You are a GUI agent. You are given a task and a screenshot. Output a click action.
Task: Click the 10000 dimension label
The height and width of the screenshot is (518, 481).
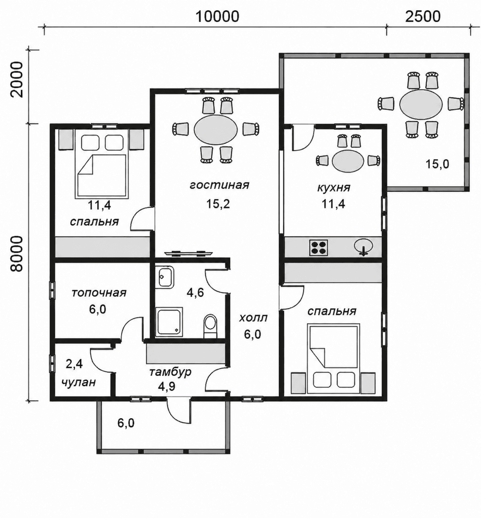coord(217,17)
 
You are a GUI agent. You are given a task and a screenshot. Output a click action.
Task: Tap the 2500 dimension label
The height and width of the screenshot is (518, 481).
coord(423,17)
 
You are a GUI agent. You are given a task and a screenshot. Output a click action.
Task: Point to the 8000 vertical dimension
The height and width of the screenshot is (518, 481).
coord(18,254)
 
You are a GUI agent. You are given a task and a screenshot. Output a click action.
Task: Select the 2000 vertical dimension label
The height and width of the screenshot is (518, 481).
coord(18,79)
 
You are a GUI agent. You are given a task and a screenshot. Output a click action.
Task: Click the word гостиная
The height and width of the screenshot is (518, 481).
coord(219,185)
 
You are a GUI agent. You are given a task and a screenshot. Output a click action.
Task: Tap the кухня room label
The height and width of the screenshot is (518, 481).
coord(333,187)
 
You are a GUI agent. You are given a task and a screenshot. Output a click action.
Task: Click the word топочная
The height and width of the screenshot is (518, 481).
coord(99,293)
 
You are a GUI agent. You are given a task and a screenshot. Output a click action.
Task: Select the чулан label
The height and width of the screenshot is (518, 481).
coord(78,382)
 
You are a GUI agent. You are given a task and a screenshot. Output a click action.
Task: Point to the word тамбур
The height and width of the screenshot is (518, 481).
coord(170,372)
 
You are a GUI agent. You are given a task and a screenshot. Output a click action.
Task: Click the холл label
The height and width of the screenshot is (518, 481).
coord(253,318)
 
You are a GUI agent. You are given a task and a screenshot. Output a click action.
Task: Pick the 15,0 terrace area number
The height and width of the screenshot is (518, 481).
coord(437,164)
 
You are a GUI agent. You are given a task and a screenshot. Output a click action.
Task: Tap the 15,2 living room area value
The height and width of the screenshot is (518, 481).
coord(218,203)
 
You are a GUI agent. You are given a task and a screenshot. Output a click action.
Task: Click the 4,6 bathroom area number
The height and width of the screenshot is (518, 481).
coord(195,293)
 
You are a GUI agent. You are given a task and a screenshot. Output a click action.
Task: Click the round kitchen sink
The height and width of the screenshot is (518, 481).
coord(363,246)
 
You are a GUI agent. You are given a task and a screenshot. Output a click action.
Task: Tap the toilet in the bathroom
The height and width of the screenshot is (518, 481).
coord(210,326)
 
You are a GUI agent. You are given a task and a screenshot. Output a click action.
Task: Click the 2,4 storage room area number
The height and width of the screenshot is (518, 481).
coord(74,364)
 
